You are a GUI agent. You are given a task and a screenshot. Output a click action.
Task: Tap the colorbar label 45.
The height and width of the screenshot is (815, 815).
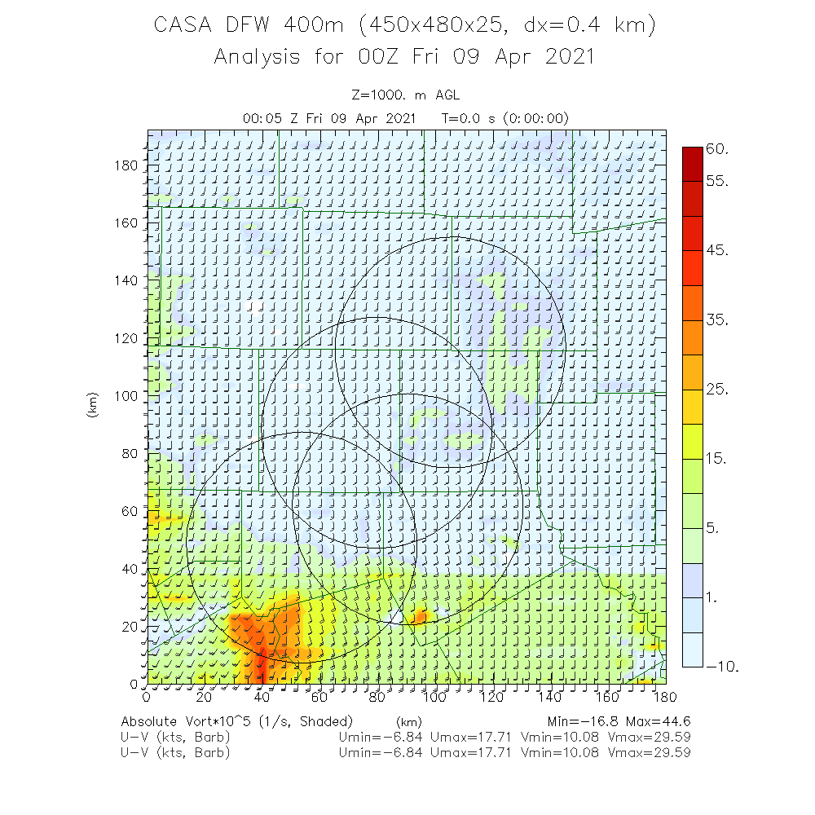tap(717, 250)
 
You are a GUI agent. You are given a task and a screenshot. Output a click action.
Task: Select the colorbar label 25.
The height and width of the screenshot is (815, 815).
tap(717, 390)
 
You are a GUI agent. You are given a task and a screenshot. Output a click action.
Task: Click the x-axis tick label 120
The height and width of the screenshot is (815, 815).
tap(492, 697)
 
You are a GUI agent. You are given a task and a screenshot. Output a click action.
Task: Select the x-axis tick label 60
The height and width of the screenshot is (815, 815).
tap(319, 697)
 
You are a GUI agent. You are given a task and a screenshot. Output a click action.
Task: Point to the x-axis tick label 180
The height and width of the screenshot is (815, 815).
tap(665, 697)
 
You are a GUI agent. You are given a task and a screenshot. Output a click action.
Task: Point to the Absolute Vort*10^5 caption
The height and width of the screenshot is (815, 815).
tap(236, 721)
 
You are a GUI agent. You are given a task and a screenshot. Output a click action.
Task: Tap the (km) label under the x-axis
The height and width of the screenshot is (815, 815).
tap(407, 721)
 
